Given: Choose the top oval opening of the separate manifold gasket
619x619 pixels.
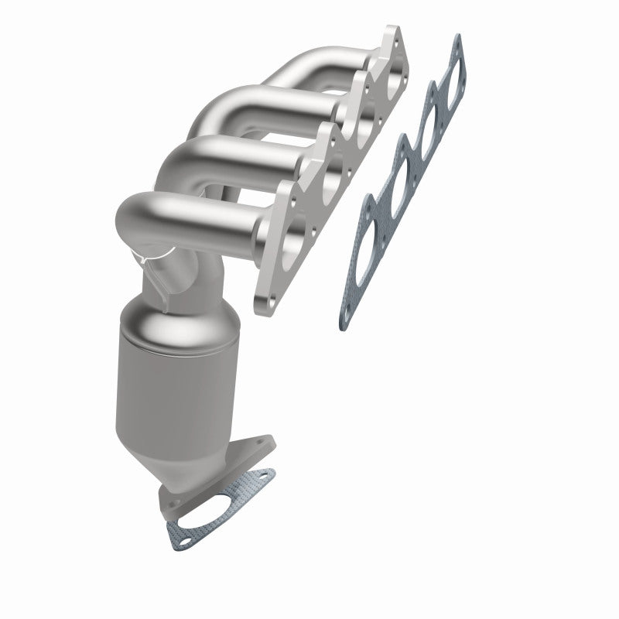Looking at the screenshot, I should [x=446, y=77].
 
